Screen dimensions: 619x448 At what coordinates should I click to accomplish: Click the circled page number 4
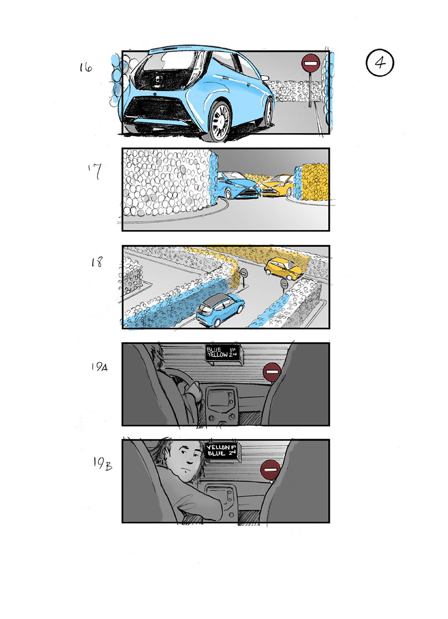[x=379, y=63]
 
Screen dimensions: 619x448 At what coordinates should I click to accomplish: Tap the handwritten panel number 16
[x=85, y=67]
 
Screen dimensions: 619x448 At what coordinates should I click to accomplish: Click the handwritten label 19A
[x=99, y=367]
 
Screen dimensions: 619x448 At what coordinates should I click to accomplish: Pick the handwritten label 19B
[x=101, y=463]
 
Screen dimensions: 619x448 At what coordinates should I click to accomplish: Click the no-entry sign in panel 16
[x=310, y=63]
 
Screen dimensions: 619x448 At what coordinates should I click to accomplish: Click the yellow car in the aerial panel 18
[x=283, y=268]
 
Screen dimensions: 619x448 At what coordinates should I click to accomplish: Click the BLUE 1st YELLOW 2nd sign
[x=223, y=353]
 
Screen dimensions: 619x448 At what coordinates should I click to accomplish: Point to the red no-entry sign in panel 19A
[x=272, y=372]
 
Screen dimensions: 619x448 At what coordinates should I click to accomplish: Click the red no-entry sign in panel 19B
[x=271, y=469]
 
